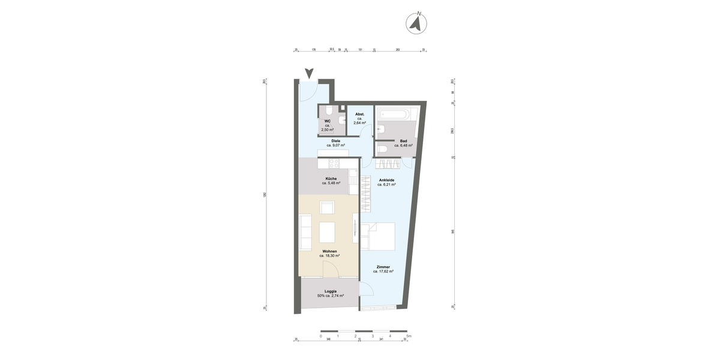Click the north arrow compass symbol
416,23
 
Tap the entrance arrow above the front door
309,74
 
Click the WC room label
328,121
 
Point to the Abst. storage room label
360,114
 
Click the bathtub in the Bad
394,113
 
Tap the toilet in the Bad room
383,149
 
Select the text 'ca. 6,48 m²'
403,145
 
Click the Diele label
336,141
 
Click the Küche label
331,179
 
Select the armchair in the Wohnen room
328,208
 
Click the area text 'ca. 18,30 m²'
329,256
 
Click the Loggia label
329,291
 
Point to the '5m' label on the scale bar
409,336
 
